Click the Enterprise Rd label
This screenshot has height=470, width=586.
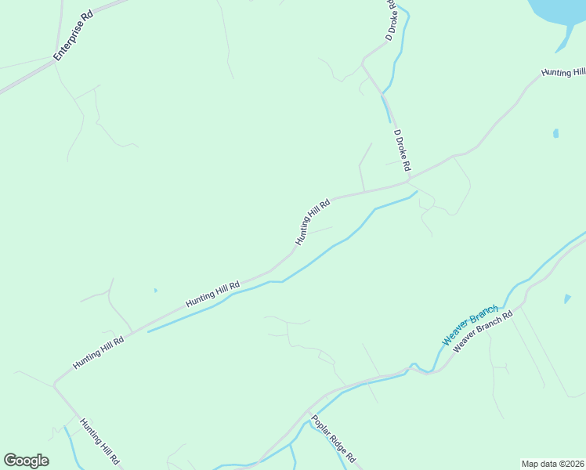click(73, 37)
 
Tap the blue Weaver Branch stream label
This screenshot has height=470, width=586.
click(470, 327)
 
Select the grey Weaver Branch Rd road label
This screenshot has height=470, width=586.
click(483, 332)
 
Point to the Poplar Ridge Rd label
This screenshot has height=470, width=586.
click(334, 438)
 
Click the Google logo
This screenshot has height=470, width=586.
click(26, 461)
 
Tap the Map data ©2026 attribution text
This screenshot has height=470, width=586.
click(552, 463)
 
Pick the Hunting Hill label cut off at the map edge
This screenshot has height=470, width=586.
click(563, 73)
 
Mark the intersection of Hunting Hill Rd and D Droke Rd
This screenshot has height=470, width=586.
click(410, 179)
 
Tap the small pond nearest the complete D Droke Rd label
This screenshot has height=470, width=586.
click(555, 133)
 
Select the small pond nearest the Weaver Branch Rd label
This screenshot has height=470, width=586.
click(567, 298)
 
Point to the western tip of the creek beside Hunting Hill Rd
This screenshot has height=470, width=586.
click(148, 331)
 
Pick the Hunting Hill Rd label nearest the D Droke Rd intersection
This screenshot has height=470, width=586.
click(313, 222)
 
